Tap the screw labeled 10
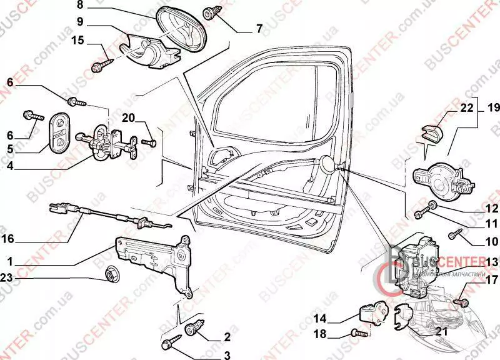pyautogui.click(x=456, y=234)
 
